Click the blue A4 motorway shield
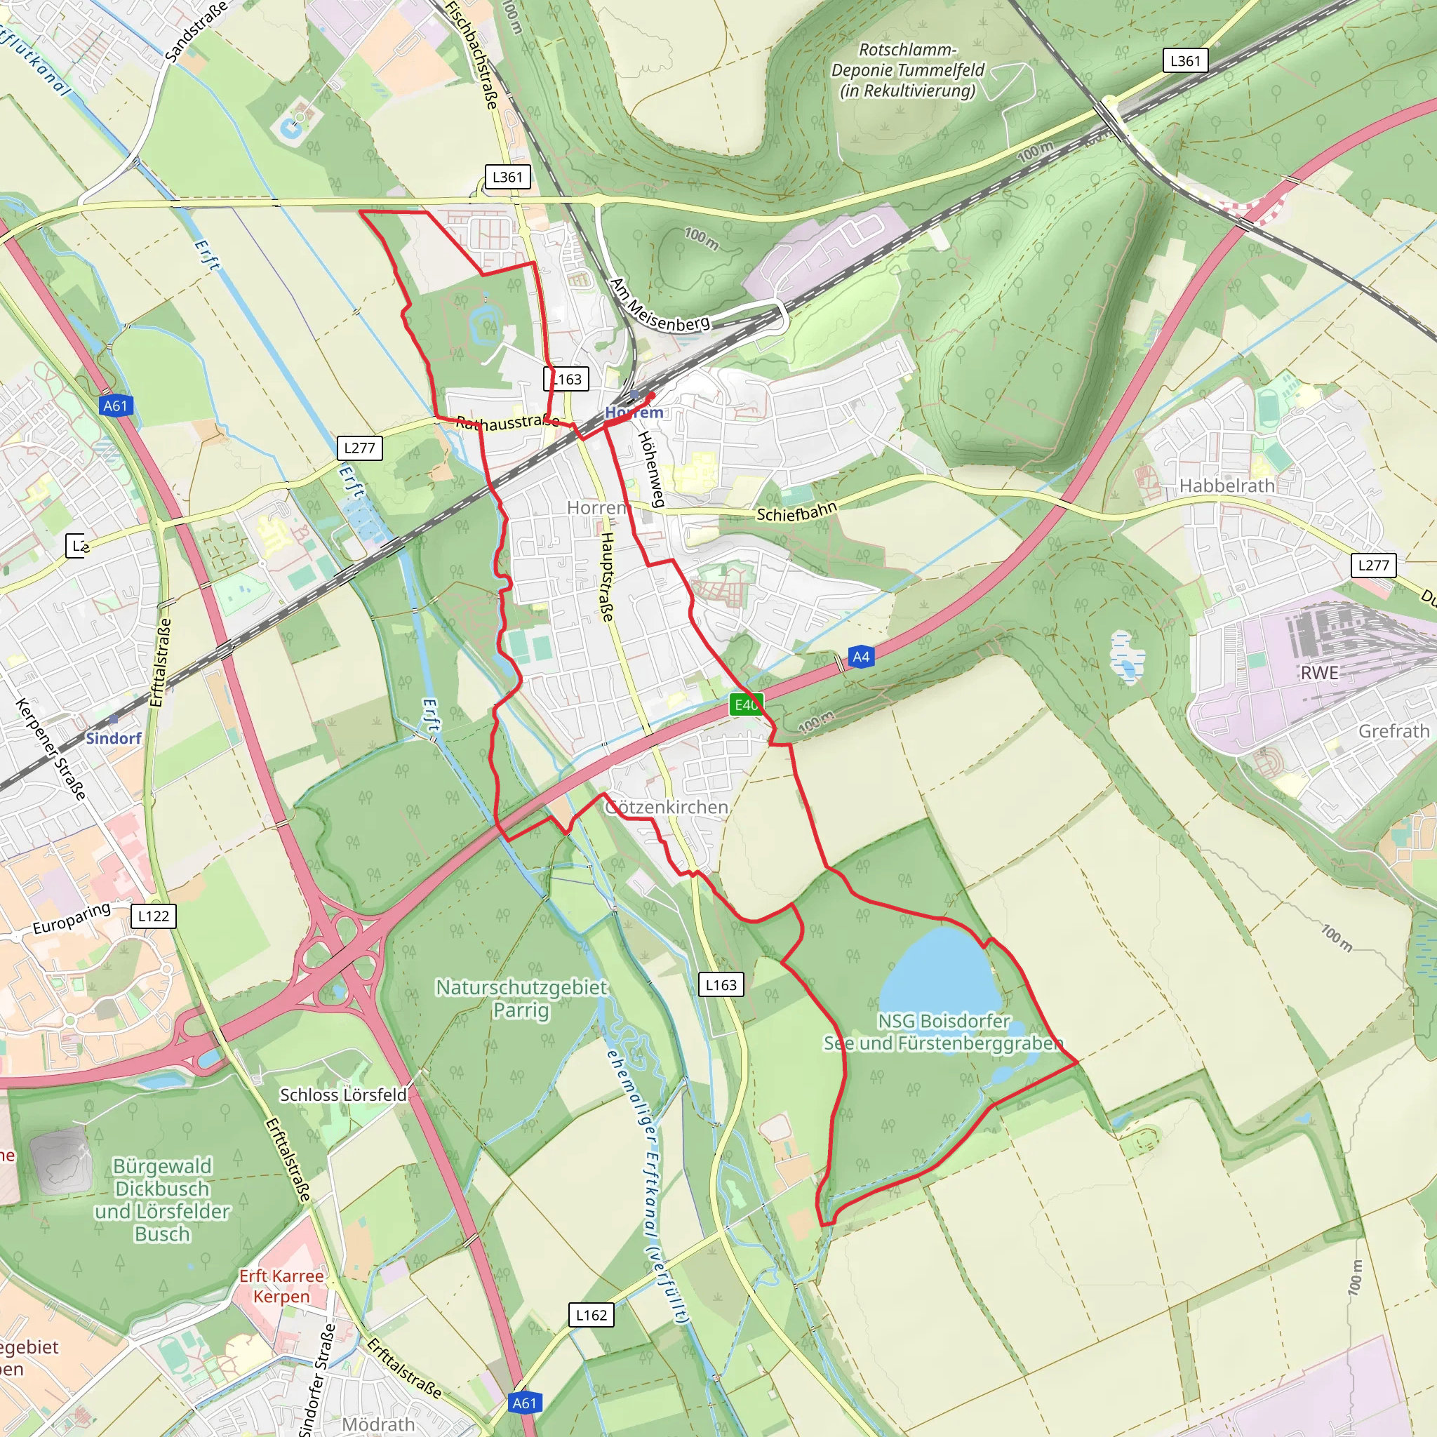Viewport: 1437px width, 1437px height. coord(860,657)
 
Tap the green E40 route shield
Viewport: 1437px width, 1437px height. coord(746,704)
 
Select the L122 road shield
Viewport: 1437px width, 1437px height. coord(154,916)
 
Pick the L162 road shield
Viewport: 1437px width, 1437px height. coord(591,1315)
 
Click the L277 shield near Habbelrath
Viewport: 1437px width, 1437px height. coord(1373,565)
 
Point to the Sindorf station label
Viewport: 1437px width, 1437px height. coord(113,738)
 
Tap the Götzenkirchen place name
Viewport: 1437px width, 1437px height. coord(667,807)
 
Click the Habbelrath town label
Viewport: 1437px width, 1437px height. coord(1227,486)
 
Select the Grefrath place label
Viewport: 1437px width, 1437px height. coord(1393,731)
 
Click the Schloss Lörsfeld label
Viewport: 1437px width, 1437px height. coord(343,1095)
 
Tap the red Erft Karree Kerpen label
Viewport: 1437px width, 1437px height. coord(281,1286)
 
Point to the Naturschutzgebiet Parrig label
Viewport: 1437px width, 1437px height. coord(521,999)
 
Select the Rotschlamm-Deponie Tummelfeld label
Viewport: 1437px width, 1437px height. coord(907,70)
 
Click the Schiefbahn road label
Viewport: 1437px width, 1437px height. coord(796,512)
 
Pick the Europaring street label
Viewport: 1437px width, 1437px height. coord(72,918)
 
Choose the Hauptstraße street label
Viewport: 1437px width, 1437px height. coord(608,577)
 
